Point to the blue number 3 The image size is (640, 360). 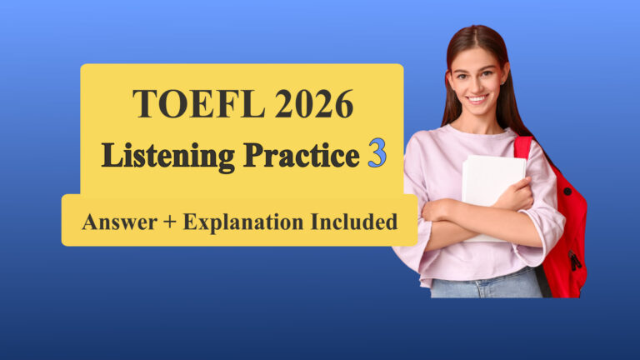(377, 155)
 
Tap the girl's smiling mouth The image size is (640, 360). (477, 98)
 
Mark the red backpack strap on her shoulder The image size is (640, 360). (524, 150)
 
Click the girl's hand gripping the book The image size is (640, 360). (516, 197)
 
